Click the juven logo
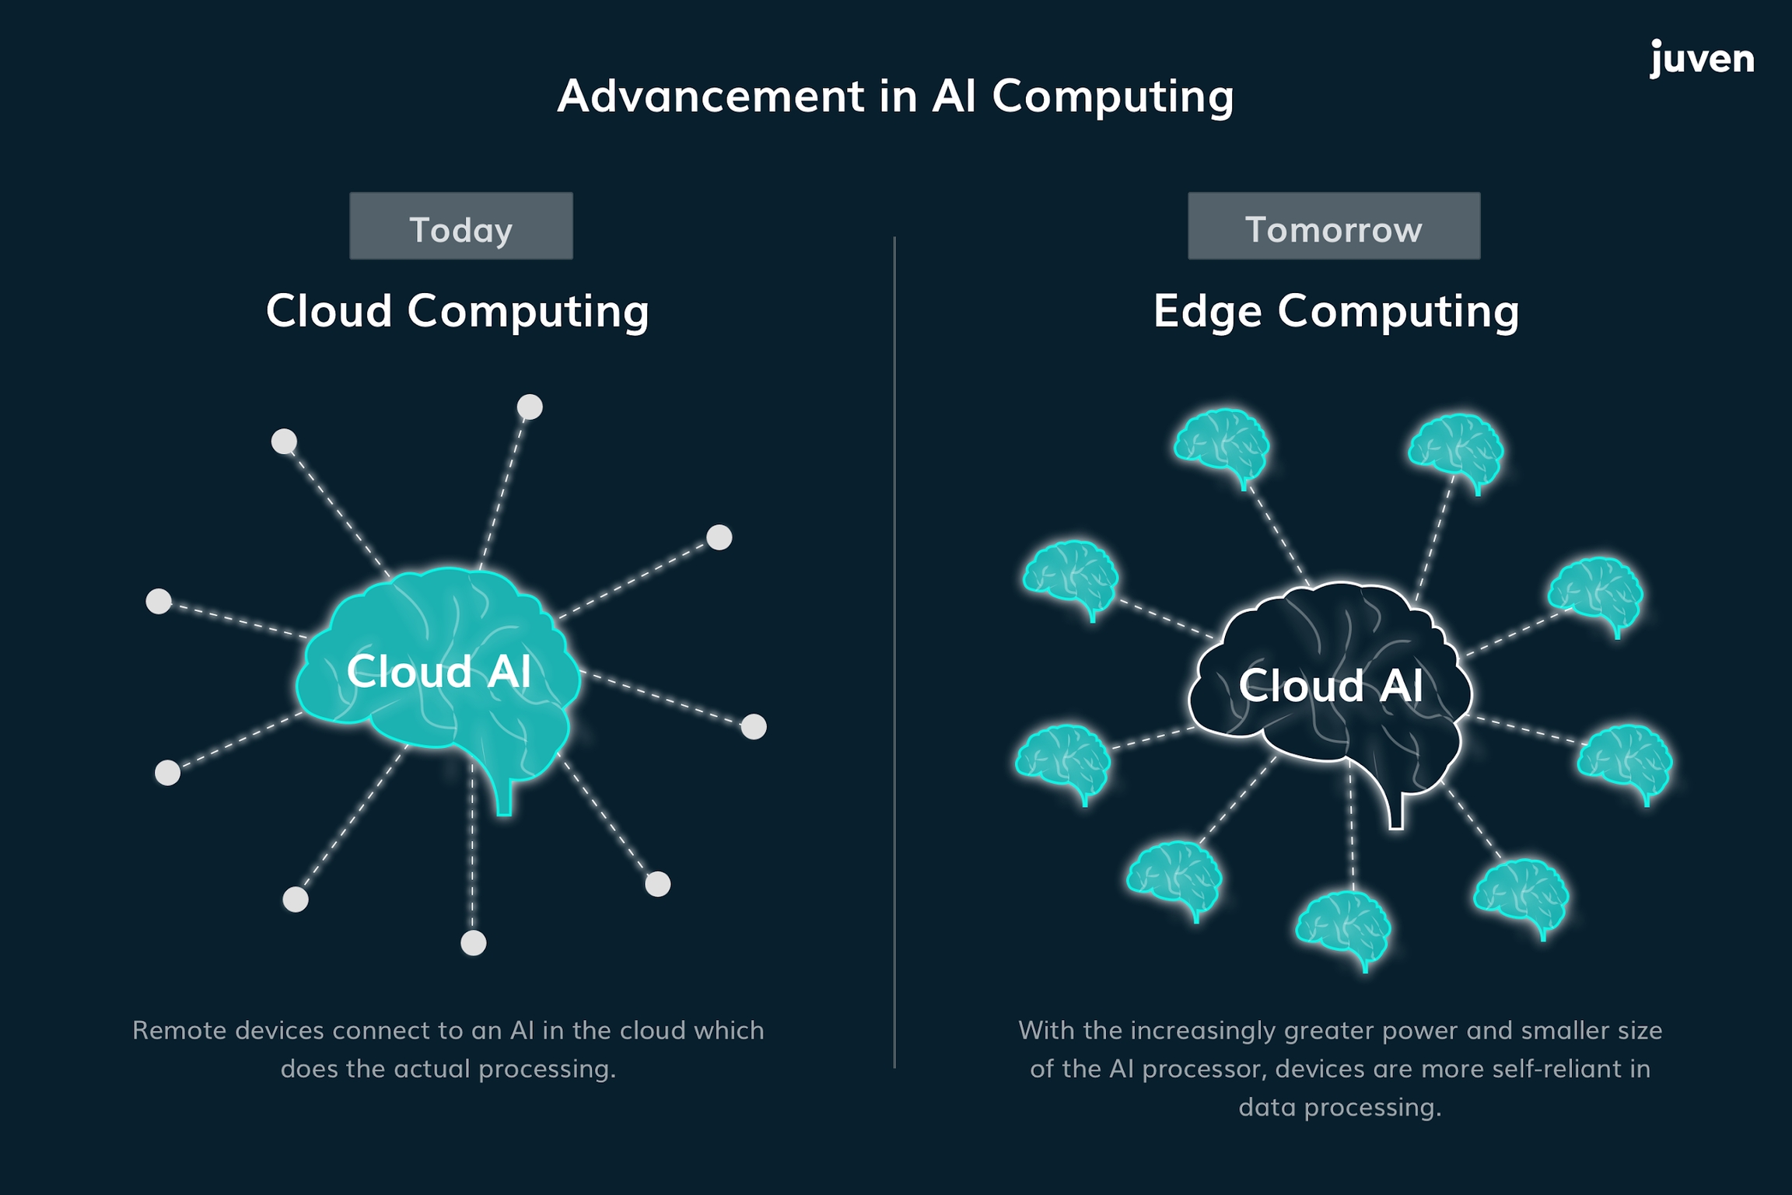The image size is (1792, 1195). (1702, 59)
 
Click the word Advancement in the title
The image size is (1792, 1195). (710, 96)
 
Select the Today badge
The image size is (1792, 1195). (460, 226)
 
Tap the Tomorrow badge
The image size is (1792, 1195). (1333, 226)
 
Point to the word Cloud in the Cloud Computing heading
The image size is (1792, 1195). (329, 311)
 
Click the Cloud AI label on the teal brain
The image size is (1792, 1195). (439, 671)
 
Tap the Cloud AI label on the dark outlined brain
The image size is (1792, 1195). (1331, 685)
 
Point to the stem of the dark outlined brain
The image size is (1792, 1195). (1396, 812)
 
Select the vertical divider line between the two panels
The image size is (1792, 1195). (894, 653)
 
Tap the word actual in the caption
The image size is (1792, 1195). (430, 1068)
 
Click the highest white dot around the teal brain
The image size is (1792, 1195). (530, 407)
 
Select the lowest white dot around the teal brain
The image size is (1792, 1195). (473, 943)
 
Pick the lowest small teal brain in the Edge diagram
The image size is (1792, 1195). (1344, 928)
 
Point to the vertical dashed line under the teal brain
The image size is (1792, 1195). (472, 855)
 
